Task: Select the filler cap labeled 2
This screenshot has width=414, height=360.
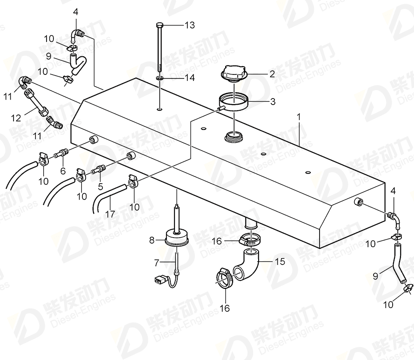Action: pyautogui.click(x=234, y=73)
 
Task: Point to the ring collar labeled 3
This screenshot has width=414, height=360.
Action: pyautogui.click(x=234, y=101)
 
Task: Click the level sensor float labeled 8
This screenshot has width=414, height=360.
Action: pyautogui.click(x=177, y=240)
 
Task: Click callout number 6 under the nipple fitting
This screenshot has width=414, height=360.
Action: pyautogui.click(x=63, y=171)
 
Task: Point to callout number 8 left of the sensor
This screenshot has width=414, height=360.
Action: pyautogui.click(x=152, y=240)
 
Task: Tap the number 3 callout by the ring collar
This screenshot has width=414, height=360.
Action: pyautogui.click(x=273, y=101)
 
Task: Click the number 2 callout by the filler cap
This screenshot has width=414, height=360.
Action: pyautogui.click(x=273, y=73)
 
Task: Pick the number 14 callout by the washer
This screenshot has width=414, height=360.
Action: pyautogui.click(x=189, y=78)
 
